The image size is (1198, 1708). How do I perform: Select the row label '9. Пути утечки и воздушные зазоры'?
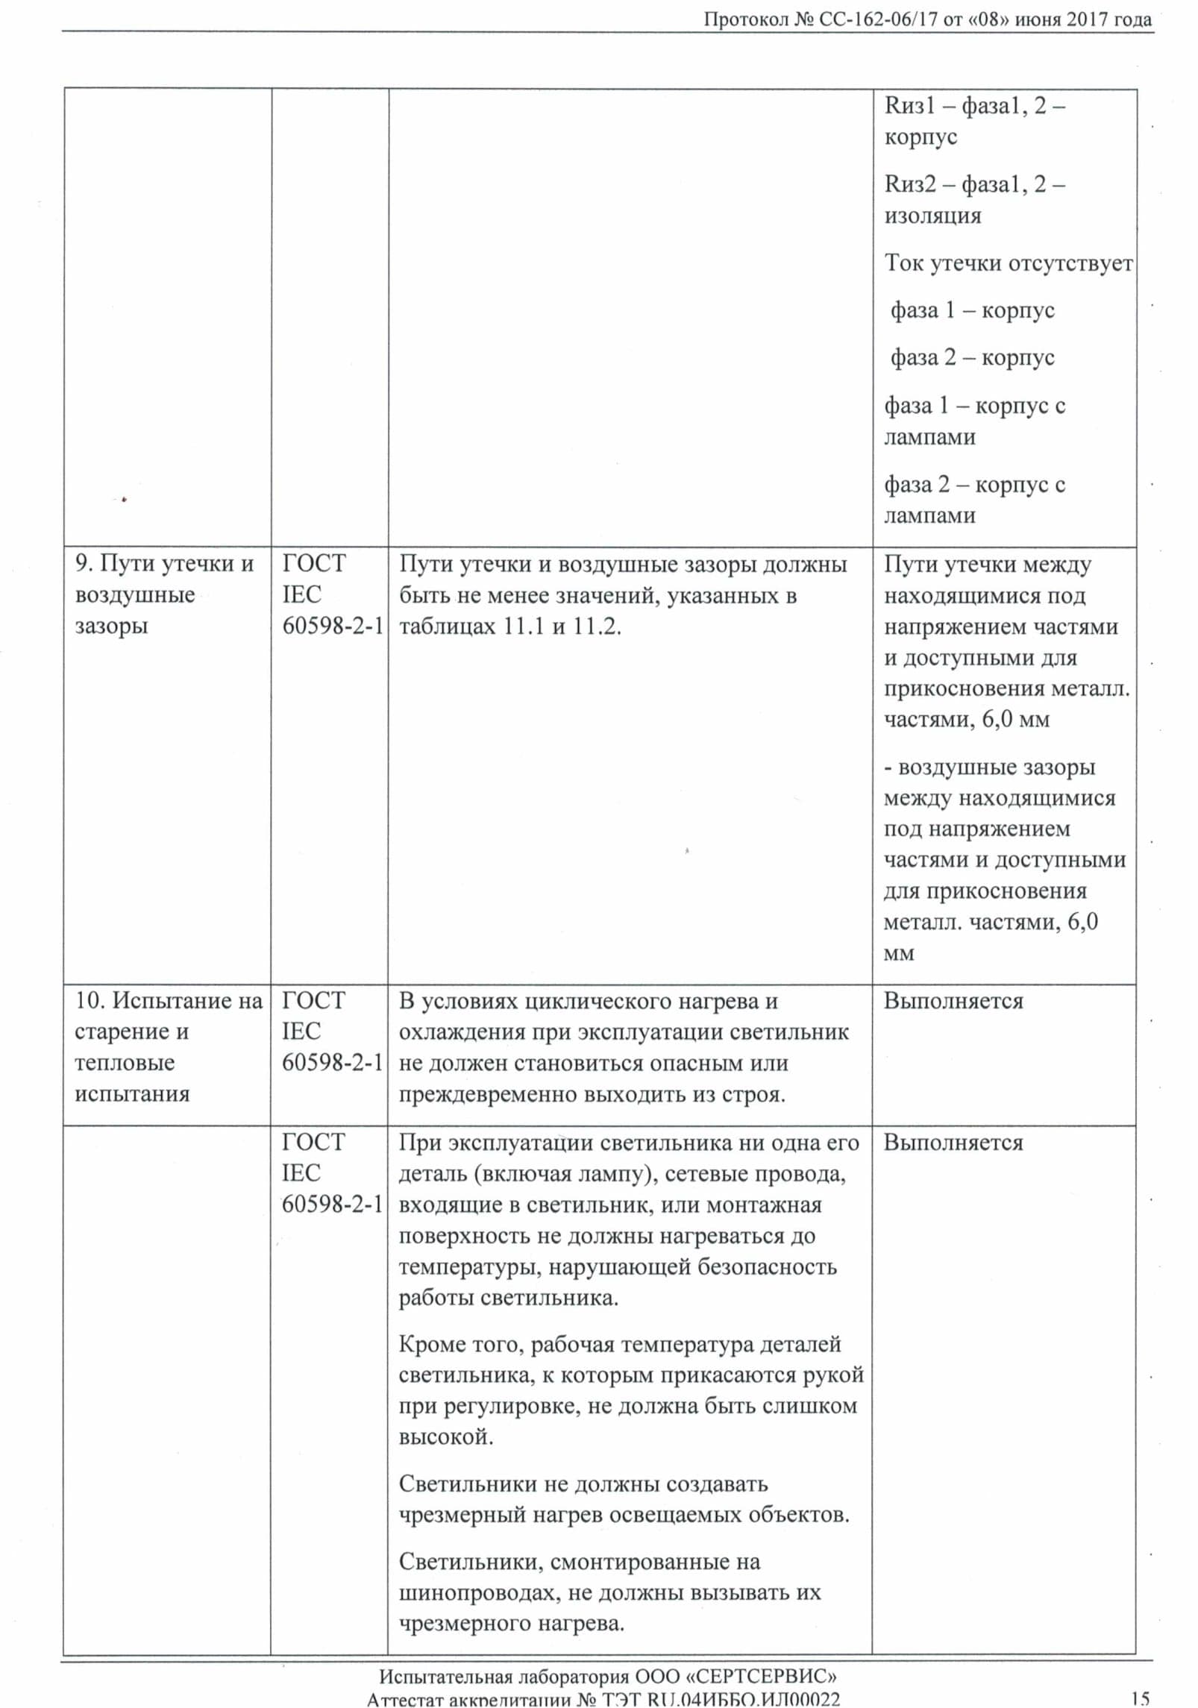pos(164,594)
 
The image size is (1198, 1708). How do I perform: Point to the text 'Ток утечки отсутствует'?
pos(1009,263)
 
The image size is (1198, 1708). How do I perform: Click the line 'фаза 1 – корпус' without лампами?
pos(972,310)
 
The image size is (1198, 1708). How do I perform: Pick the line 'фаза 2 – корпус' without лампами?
pos(972,358)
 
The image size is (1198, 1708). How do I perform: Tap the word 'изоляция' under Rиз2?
pos(932,216)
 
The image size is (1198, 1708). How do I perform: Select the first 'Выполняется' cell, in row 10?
pos(953,1001)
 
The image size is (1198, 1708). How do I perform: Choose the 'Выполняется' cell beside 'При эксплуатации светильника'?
pos(953,1143)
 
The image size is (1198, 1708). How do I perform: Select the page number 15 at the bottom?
pos(1140,1699)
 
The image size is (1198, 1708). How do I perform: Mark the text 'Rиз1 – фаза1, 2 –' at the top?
pos(974,106)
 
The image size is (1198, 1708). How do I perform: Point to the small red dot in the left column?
pos(124,500)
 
